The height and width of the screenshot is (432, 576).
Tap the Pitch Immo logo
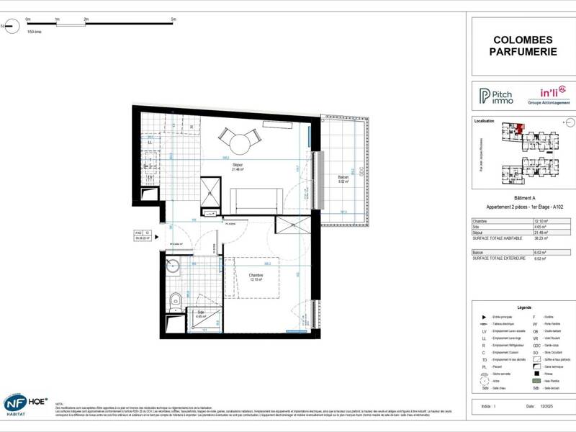click(x=497, y=96)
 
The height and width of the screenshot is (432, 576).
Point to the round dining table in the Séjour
click(x=239, y=145)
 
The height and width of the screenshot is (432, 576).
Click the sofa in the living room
click(x=256, y=199)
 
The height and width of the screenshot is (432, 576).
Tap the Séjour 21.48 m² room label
click(x=238, y=167)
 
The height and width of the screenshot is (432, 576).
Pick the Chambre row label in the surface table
click(x=480, y=221)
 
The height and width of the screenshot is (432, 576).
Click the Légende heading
click(x=523, y=306)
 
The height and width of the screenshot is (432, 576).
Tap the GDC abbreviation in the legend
click(x=536, y=346)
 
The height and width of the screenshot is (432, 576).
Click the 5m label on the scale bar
click(x=174, y=19)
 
